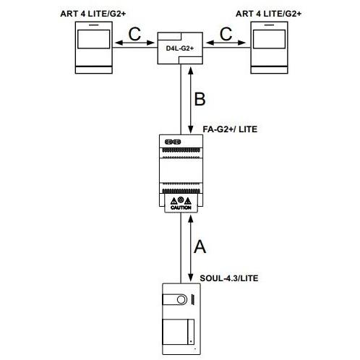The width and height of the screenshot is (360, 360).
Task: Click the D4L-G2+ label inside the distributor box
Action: (180, 48)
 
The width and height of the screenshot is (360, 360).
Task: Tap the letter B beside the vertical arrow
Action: (200, 99)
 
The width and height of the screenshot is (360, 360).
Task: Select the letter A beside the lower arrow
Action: (200, 247)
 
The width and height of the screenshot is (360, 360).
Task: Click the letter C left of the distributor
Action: (134, 34)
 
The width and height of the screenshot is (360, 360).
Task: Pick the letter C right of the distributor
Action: (226, 34)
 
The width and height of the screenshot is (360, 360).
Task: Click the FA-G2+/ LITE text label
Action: (230, 129)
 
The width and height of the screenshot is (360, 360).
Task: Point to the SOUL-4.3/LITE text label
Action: (229, 278)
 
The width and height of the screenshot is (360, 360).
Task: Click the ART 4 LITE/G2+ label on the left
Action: (93, 14)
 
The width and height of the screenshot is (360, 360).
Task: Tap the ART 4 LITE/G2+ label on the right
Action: (268, 14)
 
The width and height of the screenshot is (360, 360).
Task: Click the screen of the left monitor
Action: (94, 39)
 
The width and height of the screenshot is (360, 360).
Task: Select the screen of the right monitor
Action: (269, 39)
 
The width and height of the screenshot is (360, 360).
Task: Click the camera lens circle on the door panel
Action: (181, 300)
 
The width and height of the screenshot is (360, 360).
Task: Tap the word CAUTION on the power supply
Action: (181, 207)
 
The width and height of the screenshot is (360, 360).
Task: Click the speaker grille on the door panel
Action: (193, 299)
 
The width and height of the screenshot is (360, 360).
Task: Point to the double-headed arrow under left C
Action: (134, 43)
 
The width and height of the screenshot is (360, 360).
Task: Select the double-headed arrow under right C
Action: (226, 43)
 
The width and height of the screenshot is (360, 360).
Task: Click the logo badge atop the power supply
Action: (173, 142)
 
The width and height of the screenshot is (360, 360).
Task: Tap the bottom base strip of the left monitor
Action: (94, 70)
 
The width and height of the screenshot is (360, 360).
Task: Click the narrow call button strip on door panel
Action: (191, 332)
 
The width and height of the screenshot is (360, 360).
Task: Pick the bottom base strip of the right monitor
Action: (269, 70)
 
